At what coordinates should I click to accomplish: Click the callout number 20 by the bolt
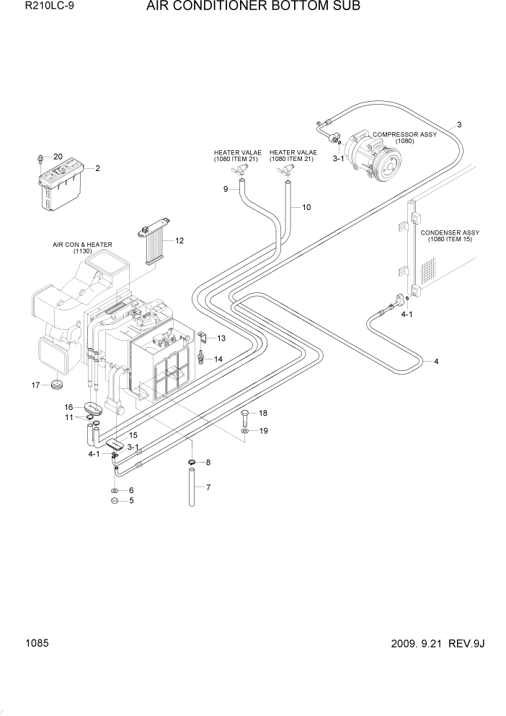pos(58,157)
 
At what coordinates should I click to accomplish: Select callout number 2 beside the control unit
pos(97,168)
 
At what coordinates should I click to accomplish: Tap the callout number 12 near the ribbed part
pos(179,240)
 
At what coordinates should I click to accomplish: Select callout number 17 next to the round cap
pos(35,385)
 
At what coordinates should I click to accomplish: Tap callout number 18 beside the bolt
pos(263,413)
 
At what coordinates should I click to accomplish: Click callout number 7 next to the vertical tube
pos(208,487)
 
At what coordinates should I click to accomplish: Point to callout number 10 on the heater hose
pos(306,207)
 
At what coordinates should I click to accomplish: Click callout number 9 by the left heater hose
pos(225,189)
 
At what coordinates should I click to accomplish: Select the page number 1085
pos(37,640)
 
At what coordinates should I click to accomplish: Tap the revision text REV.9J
pos(466,642)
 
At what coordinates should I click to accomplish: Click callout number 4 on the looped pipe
pos(435,361)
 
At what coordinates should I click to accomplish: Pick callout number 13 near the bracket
pos(221,338)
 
